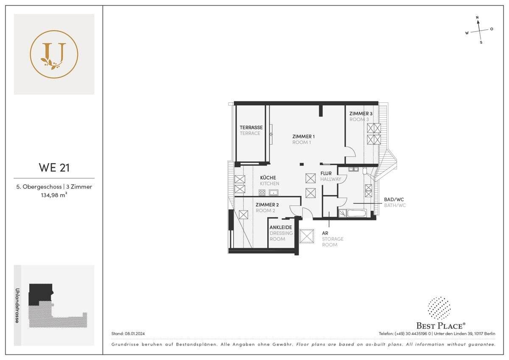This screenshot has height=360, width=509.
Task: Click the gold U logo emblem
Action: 54,54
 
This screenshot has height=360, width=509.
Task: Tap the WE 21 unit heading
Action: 54,167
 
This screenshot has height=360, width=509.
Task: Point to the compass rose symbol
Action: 479,31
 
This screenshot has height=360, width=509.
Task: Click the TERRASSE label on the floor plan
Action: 251,127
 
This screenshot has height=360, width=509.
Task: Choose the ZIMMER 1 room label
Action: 303,136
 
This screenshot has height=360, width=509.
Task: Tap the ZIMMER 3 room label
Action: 361,114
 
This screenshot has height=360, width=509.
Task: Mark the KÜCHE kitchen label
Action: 268,177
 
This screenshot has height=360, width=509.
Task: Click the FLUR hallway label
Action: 326,173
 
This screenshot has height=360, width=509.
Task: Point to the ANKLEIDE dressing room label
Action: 281,227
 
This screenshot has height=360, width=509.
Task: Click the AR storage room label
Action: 325,233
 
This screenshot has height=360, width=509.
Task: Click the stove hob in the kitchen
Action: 262,193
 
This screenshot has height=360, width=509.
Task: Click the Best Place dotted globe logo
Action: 439,308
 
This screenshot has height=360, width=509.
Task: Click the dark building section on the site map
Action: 39,293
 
